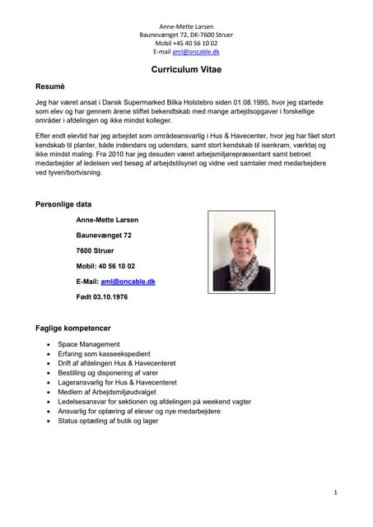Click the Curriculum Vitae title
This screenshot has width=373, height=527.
pyautogui.click(x=186, y=70)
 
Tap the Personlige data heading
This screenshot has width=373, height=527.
pyautogui.click(x=63, y=204)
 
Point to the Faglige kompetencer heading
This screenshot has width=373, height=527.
pyautogui.click(x=73, y=328)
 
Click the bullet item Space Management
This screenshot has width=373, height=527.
pyautogui.click(x=89, y=344)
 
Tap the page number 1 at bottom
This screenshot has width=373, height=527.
pyautogui.click(x=336, y=492)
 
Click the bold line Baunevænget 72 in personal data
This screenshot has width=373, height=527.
pyautogui.click(x=104, y=236)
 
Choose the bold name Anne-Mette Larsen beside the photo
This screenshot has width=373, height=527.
pyautogui.click(x=107, y=220)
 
